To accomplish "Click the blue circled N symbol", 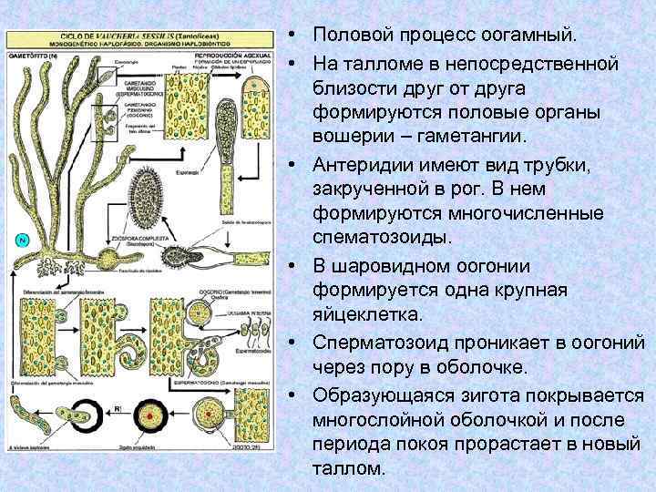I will [23, 240].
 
